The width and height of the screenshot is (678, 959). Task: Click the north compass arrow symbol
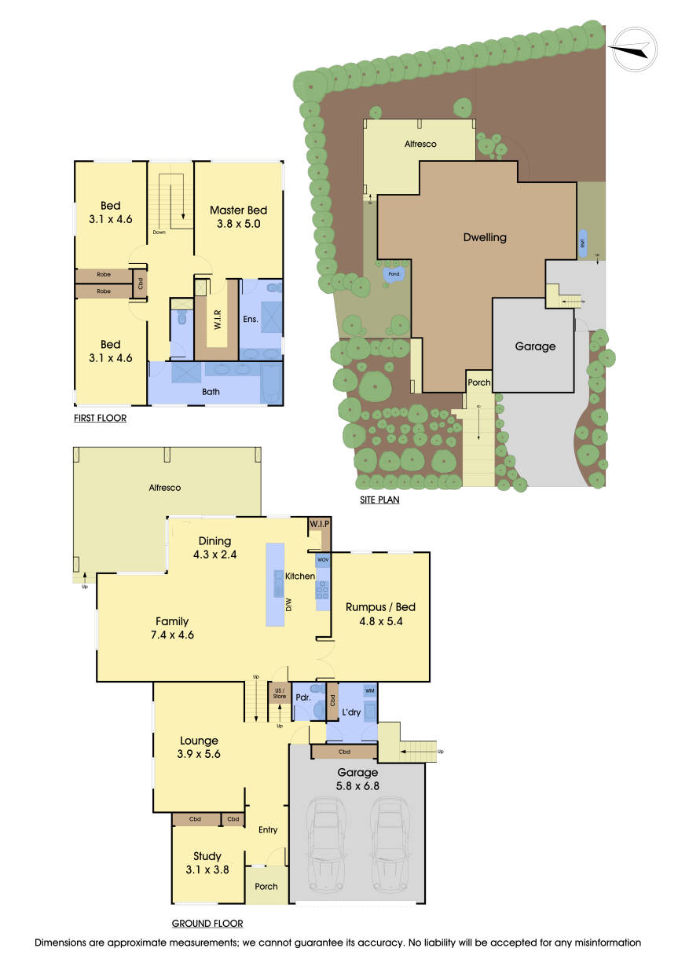[632, 49]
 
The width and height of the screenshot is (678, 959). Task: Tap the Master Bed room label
[238, 210]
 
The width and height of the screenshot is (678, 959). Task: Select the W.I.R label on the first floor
[218, 320]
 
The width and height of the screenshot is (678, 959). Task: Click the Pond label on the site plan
[394, 274]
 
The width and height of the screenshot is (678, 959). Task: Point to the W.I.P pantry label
[319, 524]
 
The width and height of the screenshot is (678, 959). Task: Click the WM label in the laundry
[369, 690]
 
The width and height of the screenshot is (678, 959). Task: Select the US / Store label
[280, 694]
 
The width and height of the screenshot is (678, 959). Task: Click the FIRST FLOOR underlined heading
[100, 419]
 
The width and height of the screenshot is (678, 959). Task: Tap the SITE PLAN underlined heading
[378, 500]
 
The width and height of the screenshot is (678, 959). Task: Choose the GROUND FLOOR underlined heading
[207, 924]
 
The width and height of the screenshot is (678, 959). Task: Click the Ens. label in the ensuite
[251, 320]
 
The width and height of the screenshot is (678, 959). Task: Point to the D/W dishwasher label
[288, 606]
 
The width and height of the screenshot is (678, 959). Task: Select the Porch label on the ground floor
[266, 886]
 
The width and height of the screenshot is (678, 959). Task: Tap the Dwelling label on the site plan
[485, 237]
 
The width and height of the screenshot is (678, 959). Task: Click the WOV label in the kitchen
[323, 560]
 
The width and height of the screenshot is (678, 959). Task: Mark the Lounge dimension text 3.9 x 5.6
[199, 754]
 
